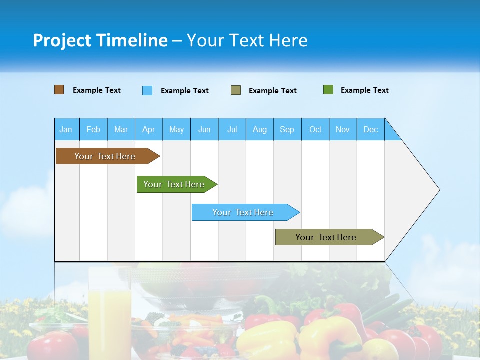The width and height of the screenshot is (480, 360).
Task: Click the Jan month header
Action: [66, 129]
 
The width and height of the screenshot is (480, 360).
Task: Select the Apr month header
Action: [148, 129]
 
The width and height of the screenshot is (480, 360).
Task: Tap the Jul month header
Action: [232, 129]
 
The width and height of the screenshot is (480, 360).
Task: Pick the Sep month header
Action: [287, 129]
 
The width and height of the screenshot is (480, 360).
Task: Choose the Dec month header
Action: [370, 129]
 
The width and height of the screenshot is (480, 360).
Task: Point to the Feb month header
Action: [93, 129]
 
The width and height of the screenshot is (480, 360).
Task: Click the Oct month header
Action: [315, 129]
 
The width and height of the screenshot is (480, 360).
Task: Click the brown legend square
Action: [59, 90]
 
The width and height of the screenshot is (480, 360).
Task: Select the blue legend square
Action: [147, 90]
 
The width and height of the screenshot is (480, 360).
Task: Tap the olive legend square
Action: [236, 90]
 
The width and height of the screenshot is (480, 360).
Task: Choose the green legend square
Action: [328, 90]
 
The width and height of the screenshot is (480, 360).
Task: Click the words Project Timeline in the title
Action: [100, 40]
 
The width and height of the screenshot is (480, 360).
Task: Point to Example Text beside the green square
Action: [364, 90]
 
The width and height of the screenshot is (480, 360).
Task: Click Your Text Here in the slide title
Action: [247, 40]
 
